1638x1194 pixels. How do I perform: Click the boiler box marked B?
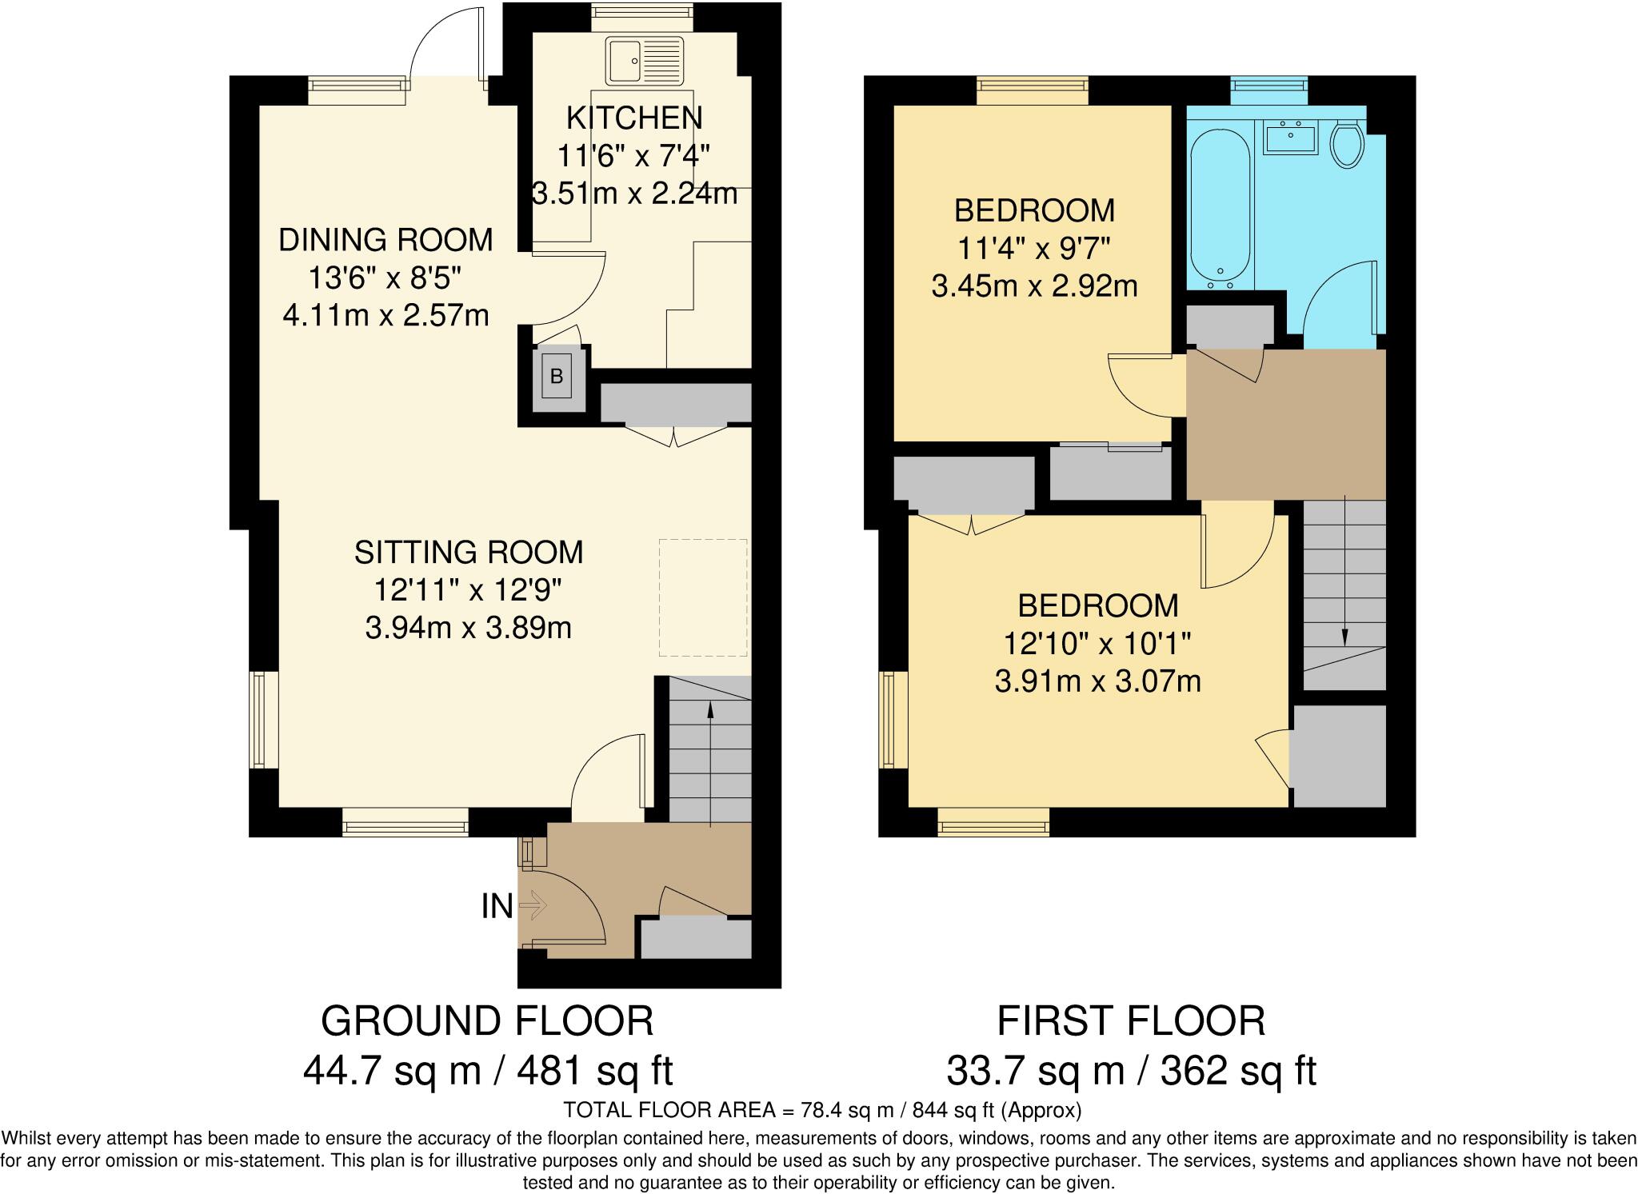pyautogui.click(x=557, y=376)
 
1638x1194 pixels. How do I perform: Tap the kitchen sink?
pyautogui.click(x=645, y=61)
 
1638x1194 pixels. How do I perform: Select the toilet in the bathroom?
pyautogui.click(x=1347, y=143)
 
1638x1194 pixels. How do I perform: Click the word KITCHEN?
pyautogui.click(x=634, y=118)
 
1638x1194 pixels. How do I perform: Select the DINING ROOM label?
pyautogui.click(x=386, y=240)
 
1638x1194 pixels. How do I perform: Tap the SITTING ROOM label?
pyautogui.click(x=469, y=553)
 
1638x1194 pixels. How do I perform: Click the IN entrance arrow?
pyautogui.click(x=533, y=906)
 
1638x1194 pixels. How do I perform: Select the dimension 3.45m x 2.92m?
pyautogui.click(x=1034, y=286)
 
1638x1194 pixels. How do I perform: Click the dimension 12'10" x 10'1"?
pyautogui.click(x=1097, y=643)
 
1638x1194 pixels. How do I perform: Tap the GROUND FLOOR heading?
pyautogui.click(x=487, y=1021)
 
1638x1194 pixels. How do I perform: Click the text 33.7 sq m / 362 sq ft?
pyautogui.click(x=1131, y=1071)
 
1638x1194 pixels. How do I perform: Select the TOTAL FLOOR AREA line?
pyautogui.click(x=822, y=1110)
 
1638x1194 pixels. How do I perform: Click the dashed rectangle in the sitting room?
pyautogui.click(x=703, y=597)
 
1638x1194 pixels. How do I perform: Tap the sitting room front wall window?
pyautogui.click(x=406, y=821)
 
